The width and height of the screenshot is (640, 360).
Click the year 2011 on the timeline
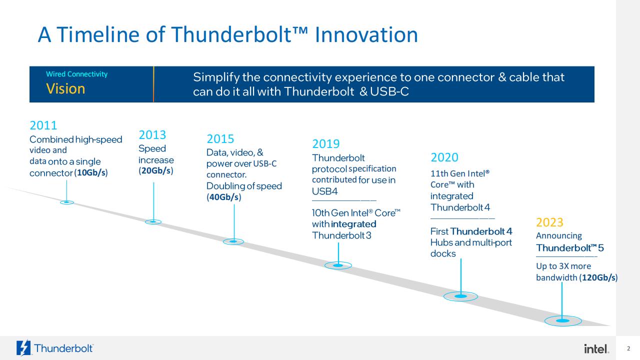[43, 125]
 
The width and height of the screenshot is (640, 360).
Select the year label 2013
[152, 135]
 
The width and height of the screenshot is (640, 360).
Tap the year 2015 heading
[220, 139]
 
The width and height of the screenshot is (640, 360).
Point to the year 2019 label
[325, 144]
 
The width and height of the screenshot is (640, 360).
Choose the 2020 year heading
[444, 157]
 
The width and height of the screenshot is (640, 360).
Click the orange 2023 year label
[549, 222]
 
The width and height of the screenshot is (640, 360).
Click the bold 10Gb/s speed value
[91, 172]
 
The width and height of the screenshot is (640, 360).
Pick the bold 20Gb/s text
[156, 170]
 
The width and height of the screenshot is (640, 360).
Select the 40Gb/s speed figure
[224, 197]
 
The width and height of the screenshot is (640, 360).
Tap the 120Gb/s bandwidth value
[598, 277]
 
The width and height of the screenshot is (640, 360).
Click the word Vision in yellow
[65, 88]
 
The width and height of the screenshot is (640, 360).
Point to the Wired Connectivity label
[77, 74]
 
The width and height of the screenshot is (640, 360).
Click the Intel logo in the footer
[596, 348]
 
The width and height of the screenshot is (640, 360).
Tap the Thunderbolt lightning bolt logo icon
[23, 348]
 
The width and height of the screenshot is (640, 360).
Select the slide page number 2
[628, 348]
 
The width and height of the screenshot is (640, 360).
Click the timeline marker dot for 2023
[563, 321]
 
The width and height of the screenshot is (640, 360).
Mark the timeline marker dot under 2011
[67, 202]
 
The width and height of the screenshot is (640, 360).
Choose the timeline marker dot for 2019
[338, 265]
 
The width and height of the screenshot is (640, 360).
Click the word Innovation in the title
[366, 34]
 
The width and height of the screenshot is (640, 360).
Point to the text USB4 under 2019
[325, 191]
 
